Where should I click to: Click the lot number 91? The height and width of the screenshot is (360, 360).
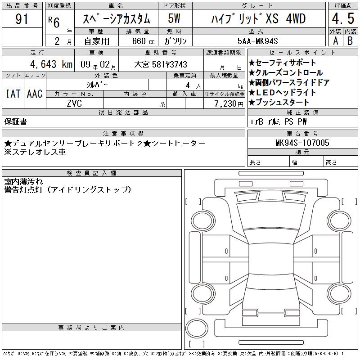22,19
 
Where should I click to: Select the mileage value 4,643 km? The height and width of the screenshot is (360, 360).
51,64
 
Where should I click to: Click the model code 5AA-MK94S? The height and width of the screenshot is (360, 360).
257,41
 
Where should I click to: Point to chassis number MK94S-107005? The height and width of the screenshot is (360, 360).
302,143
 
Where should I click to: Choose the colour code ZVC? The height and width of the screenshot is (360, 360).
74,103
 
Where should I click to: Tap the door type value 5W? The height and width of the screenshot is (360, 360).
174,18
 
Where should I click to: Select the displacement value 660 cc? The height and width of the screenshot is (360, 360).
143,41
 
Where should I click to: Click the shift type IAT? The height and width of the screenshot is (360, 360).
13,94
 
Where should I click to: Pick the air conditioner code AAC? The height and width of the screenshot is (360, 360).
35,94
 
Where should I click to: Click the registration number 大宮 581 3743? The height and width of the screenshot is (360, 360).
161,64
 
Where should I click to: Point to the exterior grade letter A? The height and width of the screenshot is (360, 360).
335,41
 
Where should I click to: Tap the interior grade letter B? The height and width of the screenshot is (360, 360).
350,41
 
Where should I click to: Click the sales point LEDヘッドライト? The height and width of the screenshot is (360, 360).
283,93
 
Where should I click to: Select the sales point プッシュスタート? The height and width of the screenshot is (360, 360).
279,102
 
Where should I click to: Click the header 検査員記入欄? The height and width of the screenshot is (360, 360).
91,173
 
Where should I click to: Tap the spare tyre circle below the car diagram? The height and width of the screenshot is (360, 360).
197,328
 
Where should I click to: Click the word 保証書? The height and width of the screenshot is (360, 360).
16,121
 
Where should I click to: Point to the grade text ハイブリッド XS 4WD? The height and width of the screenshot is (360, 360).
258,18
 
